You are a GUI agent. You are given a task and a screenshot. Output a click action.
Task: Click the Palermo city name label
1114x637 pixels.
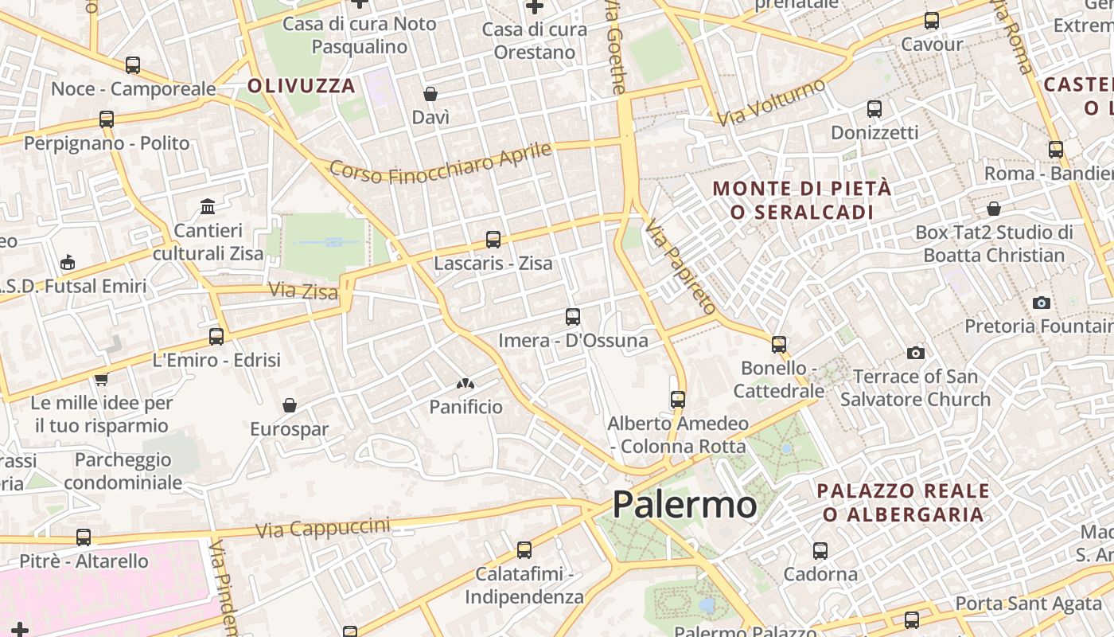coord(684,505)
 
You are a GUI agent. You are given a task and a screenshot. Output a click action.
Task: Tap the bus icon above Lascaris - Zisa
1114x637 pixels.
coord(493,239)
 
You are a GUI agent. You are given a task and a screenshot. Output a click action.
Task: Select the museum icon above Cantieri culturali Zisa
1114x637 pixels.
coord(208,207)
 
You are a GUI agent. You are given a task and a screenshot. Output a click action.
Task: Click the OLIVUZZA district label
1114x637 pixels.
coord(302,86)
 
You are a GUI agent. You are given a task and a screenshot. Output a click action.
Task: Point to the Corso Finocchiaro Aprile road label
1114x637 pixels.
coord(440,162)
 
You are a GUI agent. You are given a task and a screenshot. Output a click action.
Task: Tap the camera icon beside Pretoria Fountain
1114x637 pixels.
coord(1041,303)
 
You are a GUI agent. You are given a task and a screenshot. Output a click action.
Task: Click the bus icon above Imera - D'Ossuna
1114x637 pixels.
coord(573,317)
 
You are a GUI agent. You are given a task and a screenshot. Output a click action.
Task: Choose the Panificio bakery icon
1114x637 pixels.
coord(465,385)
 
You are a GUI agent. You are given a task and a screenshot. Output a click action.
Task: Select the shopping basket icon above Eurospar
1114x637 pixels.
coord(290,406)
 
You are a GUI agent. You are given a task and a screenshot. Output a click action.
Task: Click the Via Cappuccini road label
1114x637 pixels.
coord(323,527)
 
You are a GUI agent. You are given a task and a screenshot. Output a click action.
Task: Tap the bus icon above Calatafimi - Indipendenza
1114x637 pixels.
coord(524,549)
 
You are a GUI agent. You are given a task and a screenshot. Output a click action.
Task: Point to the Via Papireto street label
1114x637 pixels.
coord(681,266)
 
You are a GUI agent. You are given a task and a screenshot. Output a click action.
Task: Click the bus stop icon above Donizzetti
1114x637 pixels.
coord(874,109)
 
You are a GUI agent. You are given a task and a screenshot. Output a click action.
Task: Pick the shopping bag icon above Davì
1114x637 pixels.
coord(430,95)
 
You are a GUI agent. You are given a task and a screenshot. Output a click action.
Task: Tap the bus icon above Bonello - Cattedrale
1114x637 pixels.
coord(779,344)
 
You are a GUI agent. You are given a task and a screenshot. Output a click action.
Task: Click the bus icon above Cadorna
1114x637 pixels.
coord(820,550)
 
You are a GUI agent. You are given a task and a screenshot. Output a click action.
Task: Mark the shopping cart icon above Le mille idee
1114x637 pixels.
coord(101,379)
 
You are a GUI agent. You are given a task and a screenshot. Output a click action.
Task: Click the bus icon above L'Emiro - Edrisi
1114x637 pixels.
coord(216,336)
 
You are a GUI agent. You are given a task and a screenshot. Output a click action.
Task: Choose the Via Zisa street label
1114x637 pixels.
coord(303,291)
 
